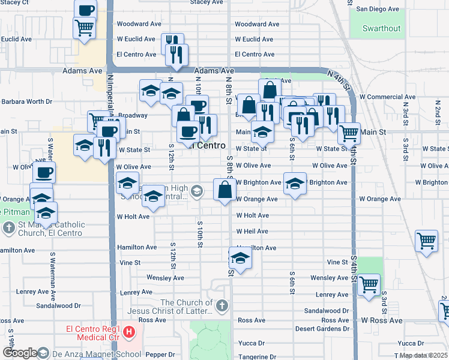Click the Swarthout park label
click(x=382, y=28)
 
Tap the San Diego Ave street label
click(x=378, y=9)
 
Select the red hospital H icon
click(x=128, y=331)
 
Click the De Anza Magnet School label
click(x=89, y=353)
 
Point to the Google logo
click(x=20, y=353)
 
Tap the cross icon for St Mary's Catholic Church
click(x=9, y=228)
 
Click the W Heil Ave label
click(x=252, y=231)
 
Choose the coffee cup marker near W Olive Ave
click(x=44, y=173)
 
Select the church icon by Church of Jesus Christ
click(x=222, y=307)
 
